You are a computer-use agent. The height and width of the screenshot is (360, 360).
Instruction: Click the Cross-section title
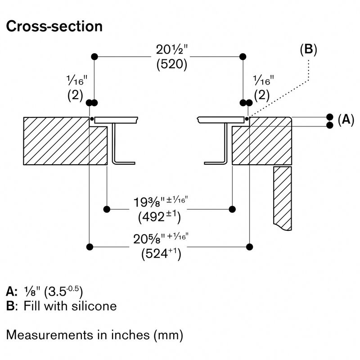click(x=54, y=26)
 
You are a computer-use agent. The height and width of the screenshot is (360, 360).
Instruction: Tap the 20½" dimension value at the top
click(x=172, y=49)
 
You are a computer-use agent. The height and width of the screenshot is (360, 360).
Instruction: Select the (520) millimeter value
click(x=172, y=64)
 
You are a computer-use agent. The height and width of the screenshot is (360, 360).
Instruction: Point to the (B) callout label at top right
click(x=308, y=49)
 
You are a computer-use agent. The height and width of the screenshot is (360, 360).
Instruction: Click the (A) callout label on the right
click(x=346, y=120)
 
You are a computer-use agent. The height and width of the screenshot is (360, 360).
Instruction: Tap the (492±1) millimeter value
click(x=159, y=217)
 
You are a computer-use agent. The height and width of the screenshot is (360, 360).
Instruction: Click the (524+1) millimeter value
click(x=161, y=254)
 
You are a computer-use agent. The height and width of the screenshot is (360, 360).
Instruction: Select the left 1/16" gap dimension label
click(x=77, y=81)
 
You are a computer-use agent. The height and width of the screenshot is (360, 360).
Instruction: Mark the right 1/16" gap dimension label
click(x=264, y=81)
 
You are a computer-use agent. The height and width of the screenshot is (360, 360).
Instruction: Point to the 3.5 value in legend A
click(x=57, y=292)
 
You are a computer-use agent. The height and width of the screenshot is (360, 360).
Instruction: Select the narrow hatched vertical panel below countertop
click(x=283, y=198)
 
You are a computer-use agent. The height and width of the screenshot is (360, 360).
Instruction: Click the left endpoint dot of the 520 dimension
click(x=94, y=57)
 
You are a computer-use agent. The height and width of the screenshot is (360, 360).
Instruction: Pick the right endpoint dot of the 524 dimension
click(x=250, y=247)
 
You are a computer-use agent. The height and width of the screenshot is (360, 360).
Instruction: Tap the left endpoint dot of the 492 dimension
click(x=107, y=209)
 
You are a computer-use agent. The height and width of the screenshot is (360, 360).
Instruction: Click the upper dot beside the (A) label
click(x=330, y=117)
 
